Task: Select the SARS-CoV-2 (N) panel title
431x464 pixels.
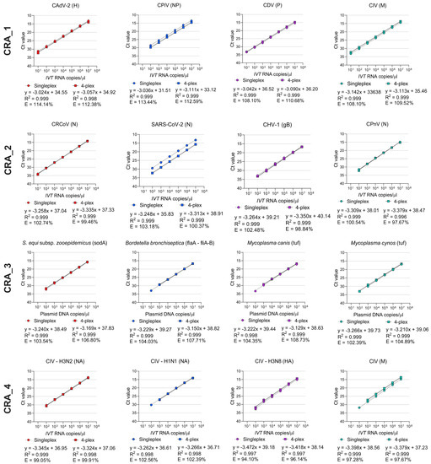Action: click(174, 123)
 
